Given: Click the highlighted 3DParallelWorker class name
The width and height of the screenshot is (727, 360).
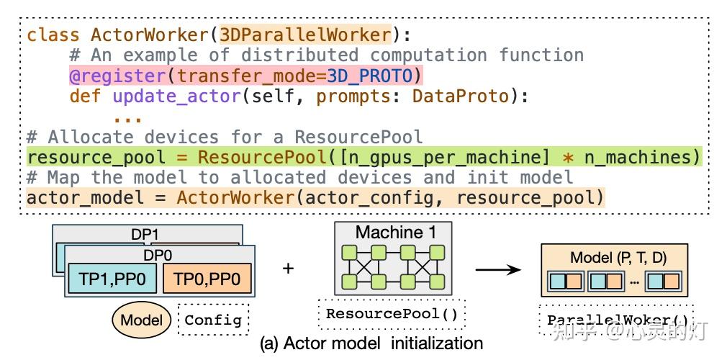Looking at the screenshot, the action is click(x=305, y=35).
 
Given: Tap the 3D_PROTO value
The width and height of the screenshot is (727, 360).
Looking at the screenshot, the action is click(x=369, y=76).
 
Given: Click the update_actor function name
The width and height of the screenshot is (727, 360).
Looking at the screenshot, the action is click(x=176, y=96).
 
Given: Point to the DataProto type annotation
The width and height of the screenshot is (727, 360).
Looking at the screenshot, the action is click(x=461, y=96).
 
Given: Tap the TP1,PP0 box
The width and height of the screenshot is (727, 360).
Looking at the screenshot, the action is click(x=112, y=279).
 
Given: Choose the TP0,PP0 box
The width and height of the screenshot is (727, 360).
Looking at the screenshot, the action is click(x=207, y=279).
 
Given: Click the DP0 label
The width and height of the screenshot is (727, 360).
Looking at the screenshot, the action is click(x=159, y=254).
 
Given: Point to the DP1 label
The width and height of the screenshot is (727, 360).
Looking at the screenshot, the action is click(x=145, y=234).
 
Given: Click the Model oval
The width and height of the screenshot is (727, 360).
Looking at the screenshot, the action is click(x=142, y=320).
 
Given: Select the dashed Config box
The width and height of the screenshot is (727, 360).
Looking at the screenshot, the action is click(x=213, y=320).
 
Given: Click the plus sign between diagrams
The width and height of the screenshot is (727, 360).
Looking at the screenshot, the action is click(x=289, y=269).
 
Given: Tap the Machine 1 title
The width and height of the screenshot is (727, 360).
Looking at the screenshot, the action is click(x=396, y=233).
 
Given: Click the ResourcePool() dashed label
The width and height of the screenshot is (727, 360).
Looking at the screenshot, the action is click(x=392, y=314).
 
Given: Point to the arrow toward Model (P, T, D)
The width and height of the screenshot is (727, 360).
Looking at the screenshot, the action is click(x=498, y=269).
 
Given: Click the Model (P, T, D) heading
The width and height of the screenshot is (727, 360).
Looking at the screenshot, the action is click(x=618, y=258).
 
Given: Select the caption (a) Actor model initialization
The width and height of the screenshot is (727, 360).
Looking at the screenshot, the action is click(x=371, y=343).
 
